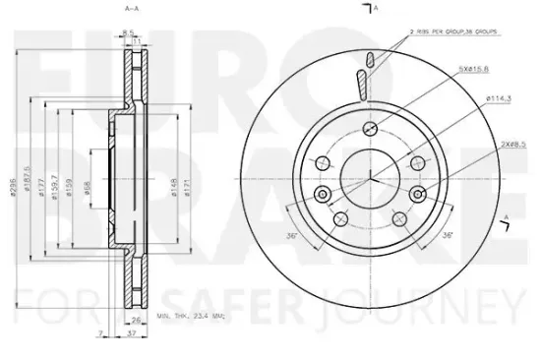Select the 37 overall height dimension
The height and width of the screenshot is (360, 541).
(x=131, y=335)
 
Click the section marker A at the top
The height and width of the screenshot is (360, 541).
(x=368, y=9)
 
